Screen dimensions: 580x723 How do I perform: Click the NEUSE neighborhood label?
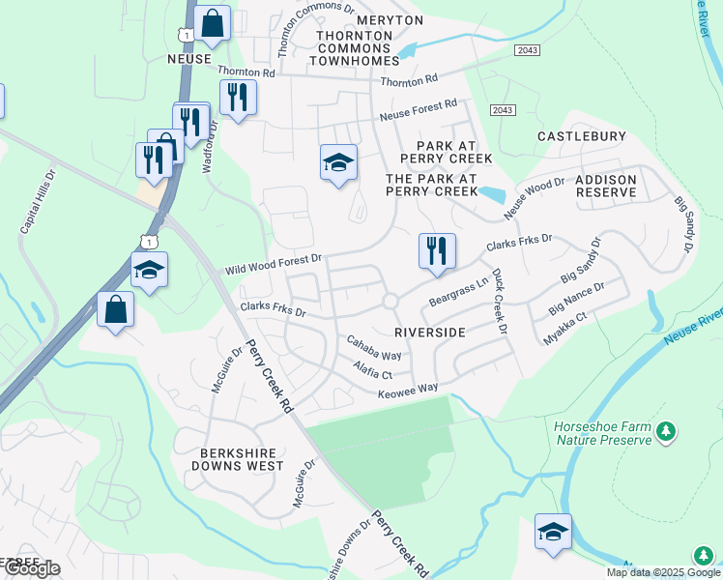point(189,59)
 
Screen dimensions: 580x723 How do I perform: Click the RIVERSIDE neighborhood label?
point(430,332)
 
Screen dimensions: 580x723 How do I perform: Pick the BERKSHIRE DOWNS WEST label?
point(242,458)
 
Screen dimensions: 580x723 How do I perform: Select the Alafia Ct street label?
point(372,371)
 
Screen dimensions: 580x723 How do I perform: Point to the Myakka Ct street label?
point(567,329)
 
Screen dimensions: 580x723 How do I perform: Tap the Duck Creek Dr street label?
point(499,302)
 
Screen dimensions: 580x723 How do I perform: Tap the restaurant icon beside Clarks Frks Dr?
point(437,251)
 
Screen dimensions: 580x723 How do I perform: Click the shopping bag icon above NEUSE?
point(212,24)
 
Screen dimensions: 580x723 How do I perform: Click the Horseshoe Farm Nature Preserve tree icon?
point(665,432)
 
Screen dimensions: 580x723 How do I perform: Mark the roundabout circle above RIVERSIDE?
point(390,302)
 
